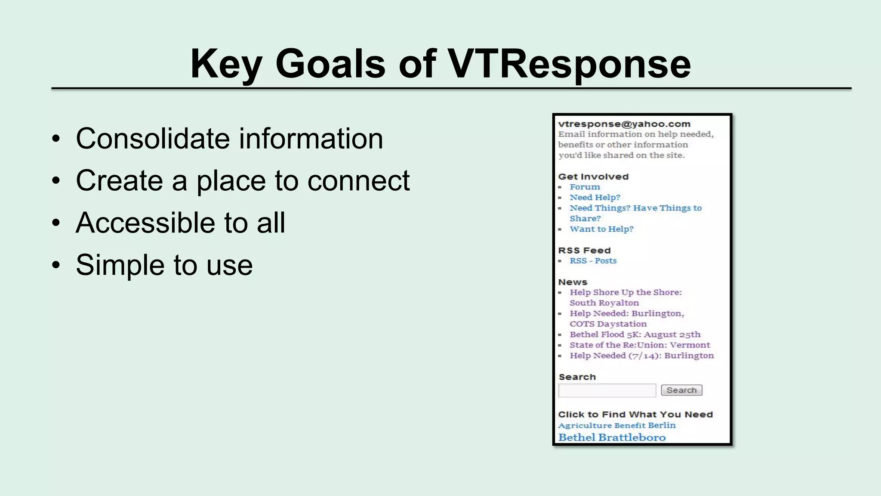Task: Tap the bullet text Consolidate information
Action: (x=229, y=139)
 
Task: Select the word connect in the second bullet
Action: (x=358, y=180)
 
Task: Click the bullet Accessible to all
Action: (x=180, y=223)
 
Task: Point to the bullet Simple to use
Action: (x=164, y=265)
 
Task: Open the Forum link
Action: (x=585, y=187)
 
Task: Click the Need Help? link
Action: (x=595, y=197)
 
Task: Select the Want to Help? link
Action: (x=601, y=229)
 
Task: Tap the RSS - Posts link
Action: (x=593, y=260)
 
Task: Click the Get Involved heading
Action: (x=593, y=177)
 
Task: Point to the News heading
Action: (x=573, y=282)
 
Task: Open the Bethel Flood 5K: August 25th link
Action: (x=635, y=335)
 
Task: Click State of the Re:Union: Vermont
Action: (x=640, y=345)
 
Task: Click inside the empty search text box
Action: (x=607, y=391)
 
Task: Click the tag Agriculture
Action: (x=584, y=425)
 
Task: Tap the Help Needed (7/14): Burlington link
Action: (x=641, y=356)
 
